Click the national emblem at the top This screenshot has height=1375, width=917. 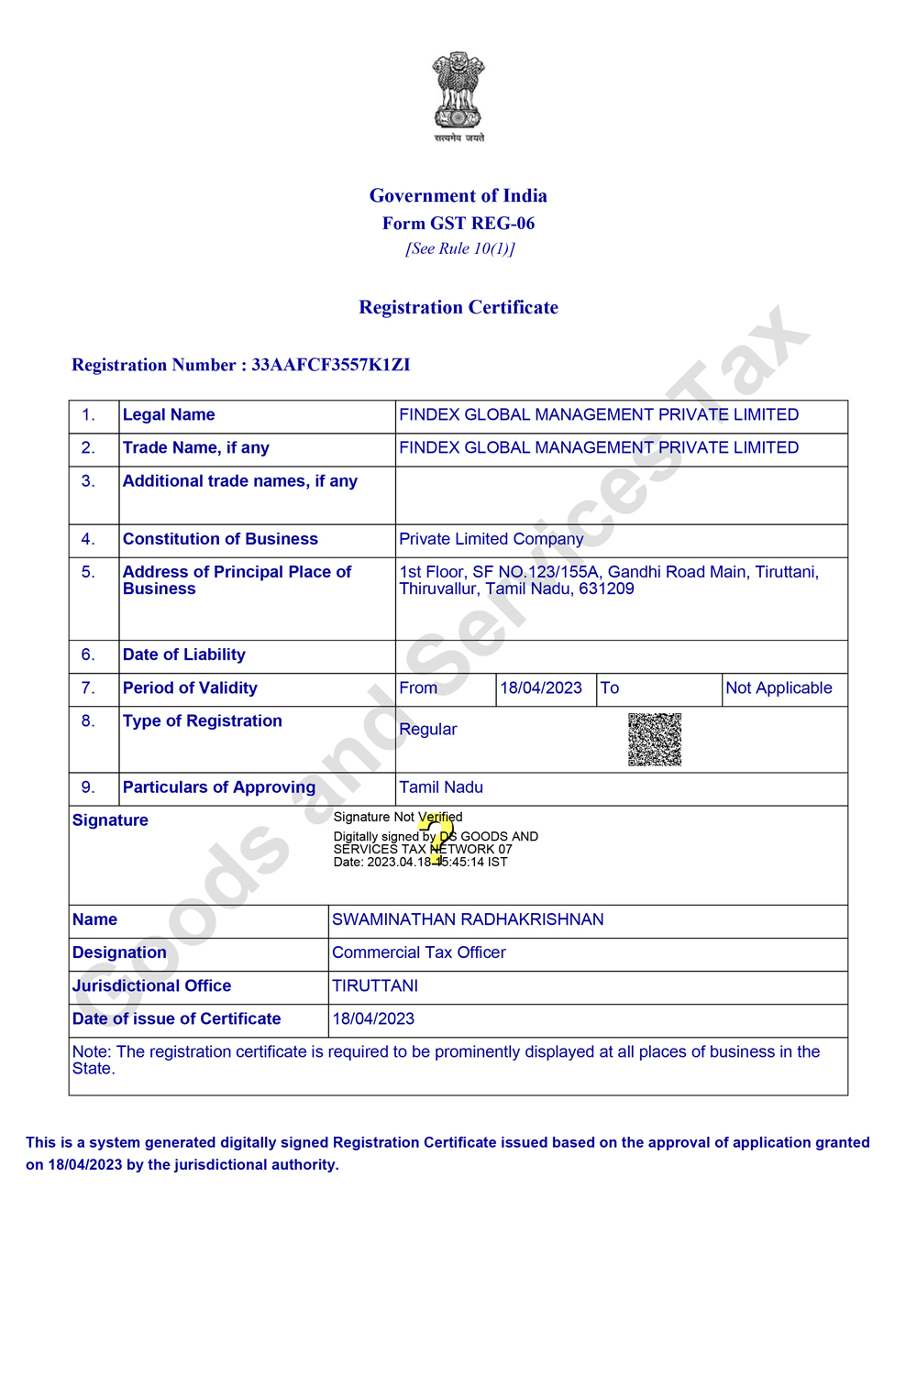tap(458, 92)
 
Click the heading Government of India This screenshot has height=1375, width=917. tap(458, 195)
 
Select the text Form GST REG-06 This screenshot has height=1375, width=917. tap(458, 223)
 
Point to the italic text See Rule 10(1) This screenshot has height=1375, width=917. tap(460, 248)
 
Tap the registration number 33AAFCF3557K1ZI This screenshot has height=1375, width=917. tap(331, 365)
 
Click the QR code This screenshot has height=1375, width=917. tap(655, 739)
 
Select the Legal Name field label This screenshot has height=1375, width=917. tap(169, 415)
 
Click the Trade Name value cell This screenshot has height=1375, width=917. tap(599, 448)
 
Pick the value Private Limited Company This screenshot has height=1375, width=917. tap(492, 539)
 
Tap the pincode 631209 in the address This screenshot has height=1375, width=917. tap(606, 588)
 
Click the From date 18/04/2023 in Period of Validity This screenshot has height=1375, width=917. tap(541, 688)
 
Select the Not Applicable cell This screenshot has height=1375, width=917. tap(779, 688)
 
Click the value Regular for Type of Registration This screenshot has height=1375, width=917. tap(428, 730)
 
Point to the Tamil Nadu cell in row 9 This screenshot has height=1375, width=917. tap(441, 787)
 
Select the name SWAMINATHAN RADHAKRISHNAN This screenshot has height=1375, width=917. tap(468, 919)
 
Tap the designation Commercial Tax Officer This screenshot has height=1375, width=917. tap(419, 952)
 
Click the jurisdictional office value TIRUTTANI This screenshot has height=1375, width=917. tap(375, 985)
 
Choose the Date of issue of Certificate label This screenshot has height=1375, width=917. tap(177, 1018)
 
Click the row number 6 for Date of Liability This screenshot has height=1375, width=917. tap(88, 654)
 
